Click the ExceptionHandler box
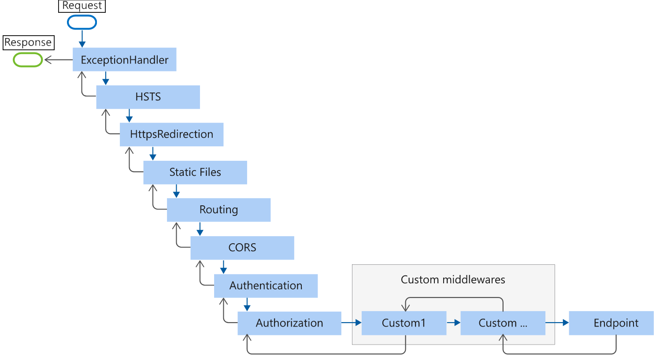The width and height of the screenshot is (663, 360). pos(125,60)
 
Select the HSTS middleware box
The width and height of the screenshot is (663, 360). pos(148,97)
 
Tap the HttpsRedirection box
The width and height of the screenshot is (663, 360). pos(171,134)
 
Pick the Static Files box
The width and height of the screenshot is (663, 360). pos(195,172)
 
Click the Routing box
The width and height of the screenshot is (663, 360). pos(219,210)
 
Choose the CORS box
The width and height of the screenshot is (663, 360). pos(242,248)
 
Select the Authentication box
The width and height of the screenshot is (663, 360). pos(266,286)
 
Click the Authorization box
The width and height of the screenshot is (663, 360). pos(289,323)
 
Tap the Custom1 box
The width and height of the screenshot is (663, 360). pos(404,323)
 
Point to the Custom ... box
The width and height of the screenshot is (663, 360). pos(503,323)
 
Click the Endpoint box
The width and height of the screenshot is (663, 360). pos(615,323)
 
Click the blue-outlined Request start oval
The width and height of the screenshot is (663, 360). pos(82,22)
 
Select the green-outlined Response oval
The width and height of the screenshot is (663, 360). pos(28,59)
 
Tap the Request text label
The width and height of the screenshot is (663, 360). pos(82,6)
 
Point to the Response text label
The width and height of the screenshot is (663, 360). pos(28,43)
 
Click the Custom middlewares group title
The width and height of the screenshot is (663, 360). pos(453,280)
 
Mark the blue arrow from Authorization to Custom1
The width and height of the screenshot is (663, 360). pos(352,323)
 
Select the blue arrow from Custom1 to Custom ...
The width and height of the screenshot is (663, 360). pos(453,323)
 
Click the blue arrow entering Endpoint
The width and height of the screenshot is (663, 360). pos(557,323)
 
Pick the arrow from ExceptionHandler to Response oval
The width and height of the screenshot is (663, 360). pos(58,59)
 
